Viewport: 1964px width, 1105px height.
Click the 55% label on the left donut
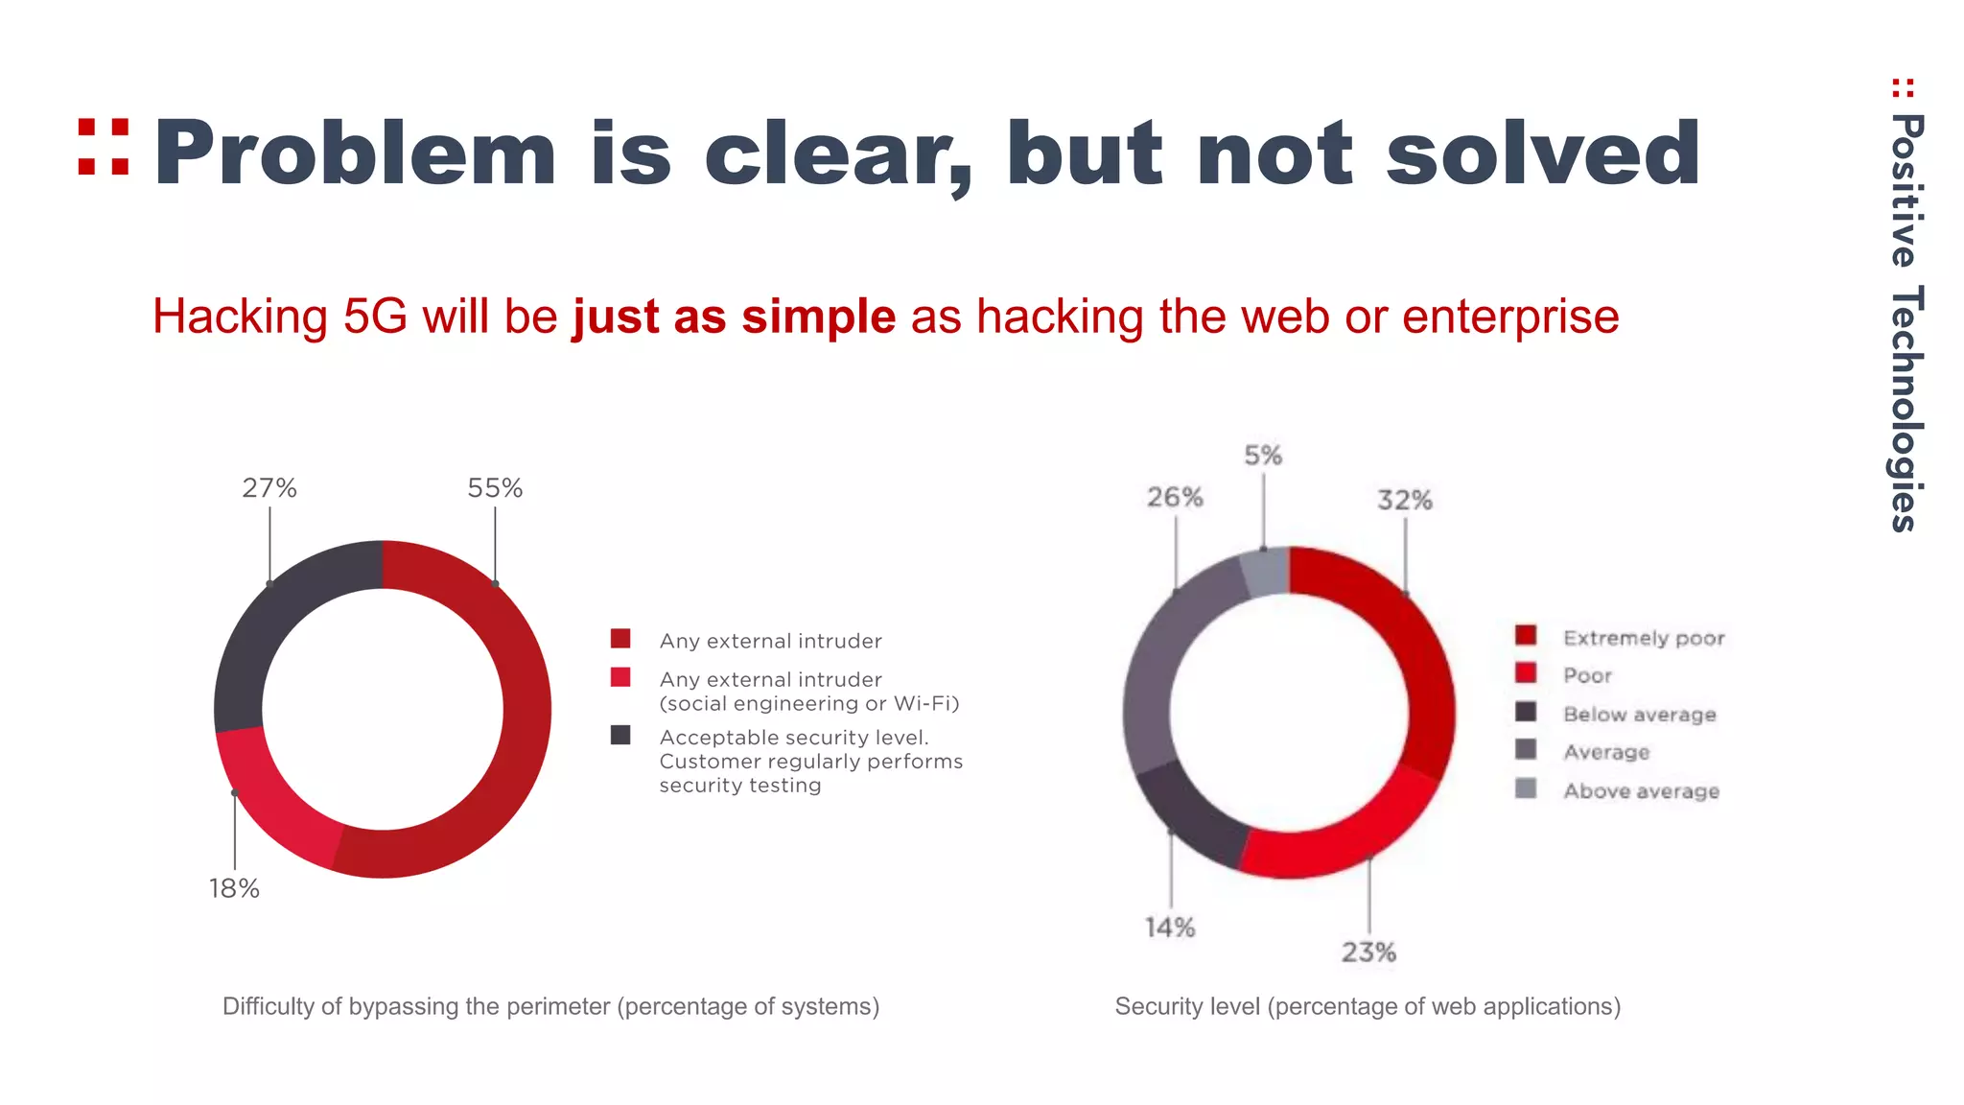[495, 488]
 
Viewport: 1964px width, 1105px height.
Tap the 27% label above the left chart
[269, 488]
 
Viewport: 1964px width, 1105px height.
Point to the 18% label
[235, 888]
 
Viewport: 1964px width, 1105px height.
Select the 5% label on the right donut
[1263, 456]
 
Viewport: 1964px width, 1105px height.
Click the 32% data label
[1405, 500]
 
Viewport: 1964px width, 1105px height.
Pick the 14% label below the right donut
[1170, 928]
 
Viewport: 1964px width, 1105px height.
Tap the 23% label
[1368, 952]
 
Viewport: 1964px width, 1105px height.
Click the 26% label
[1175, 497]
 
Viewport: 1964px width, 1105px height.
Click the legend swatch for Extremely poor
[1526, 636]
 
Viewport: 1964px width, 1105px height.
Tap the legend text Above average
[1641, 791]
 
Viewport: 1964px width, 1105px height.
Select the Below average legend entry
[1639, 715]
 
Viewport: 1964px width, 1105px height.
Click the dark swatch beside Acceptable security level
[620, 736]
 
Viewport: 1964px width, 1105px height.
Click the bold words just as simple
[735, 317]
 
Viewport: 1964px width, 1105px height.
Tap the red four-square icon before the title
[104, 147]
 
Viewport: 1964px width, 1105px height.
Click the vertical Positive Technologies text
[1905, 321]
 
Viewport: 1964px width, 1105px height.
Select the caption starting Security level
[1368, 1006]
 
